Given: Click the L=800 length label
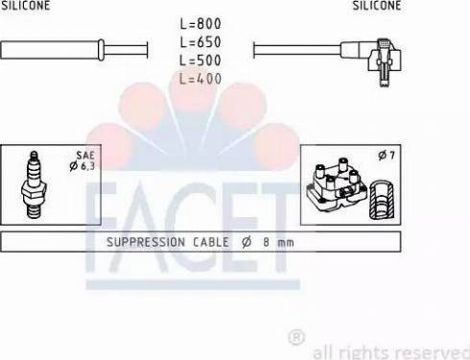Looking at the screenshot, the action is click(x=200, y=24).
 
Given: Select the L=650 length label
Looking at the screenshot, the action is click(x=200, y=42).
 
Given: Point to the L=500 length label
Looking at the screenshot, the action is click(x=200, y=60).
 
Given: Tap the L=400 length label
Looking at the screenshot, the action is click(x=200, y=79).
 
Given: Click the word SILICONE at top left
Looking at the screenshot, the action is click(x=25, y=5).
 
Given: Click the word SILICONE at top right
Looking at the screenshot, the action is click(x=377, y=5).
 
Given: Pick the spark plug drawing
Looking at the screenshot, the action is click(x=34, y=184).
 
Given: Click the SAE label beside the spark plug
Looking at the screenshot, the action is click(x=85, y=156).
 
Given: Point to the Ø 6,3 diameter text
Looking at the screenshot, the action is click(x=82, y=166).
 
